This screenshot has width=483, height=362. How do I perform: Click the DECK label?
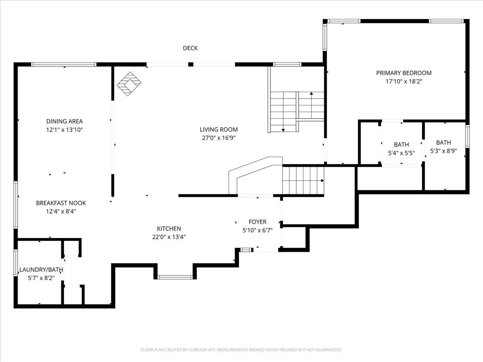pos(190,48)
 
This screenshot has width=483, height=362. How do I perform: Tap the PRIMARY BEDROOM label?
pos(404,73)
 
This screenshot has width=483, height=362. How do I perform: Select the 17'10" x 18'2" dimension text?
pos(404,81)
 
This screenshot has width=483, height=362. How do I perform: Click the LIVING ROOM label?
pos(219,130)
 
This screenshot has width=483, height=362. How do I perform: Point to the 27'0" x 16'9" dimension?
pos(219,138)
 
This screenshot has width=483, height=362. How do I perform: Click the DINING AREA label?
pos(64,121)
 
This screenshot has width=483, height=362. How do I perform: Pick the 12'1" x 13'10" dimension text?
pos(64,130)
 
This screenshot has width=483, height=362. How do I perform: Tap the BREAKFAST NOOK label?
pos(61,203)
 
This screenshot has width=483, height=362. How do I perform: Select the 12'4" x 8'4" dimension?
pos(61,211)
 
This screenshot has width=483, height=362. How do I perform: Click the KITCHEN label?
pos(169,228)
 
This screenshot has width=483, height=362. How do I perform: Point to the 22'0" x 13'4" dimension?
pos(169,237)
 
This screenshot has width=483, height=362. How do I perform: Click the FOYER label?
pos(258,222)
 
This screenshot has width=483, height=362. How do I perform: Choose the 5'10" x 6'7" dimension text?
pos(258,230)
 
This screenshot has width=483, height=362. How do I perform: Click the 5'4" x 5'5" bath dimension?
pos(401,153)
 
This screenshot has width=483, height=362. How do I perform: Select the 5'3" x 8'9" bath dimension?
pos(444,151)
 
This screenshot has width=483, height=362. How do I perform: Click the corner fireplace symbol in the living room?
pos(129,84)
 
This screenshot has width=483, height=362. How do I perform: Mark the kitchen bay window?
pos(175,277)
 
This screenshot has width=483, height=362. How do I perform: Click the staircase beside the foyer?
pos(303,180)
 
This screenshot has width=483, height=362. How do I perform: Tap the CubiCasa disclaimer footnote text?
pos(242,350)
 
